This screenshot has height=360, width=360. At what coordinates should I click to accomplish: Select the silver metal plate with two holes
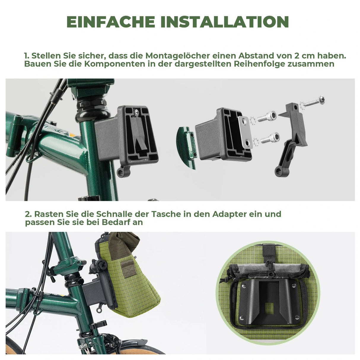(245, 132)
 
